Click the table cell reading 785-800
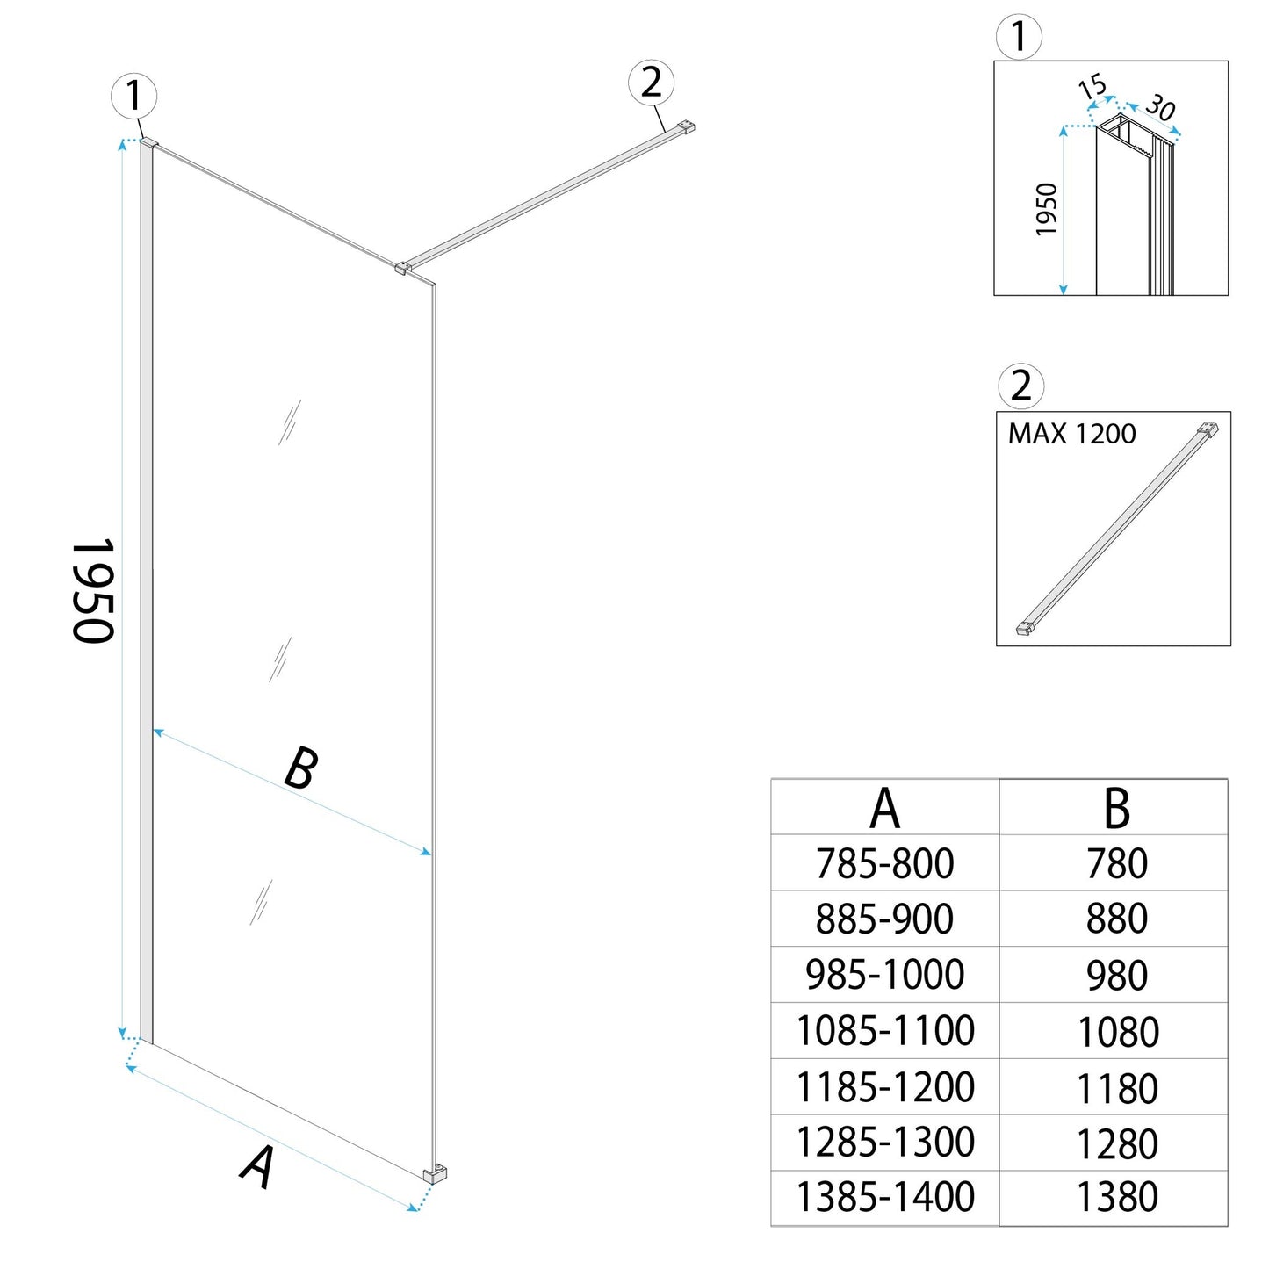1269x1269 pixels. coord(884,863)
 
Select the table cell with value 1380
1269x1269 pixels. coord(1117,1197)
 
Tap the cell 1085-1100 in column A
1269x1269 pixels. coord(884,1030)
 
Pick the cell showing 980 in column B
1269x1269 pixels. coord(1117,975)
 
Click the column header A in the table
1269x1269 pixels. coord(884,808)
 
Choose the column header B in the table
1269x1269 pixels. coord(1116,808)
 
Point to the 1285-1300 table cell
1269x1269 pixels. coord(884,1142)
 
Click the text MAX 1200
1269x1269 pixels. coord(1071,434)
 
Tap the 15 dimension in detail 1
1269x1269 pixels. coord(1092,87)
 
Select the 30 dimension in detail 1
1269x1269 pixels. coord(1160,107)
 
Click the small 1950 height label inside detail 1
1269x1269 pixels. coord(1047,209)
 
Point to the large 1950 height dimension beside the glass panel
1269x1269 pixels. coord(93,590)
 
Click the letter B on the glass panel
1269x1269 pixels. coord(300,768)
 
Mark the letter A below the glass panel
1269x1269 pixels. coord(257,1167)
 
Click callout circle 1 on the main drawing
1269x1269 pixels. coord(134,95)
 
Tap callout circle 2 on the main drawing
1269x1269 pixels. coord(651,83)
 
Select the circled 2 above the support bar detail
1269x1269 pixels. coord(1020,386)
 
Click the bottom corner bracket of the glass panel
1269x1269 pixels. coord(435,1173)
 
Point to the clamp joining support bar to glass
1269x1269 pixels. coord(403,267)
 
